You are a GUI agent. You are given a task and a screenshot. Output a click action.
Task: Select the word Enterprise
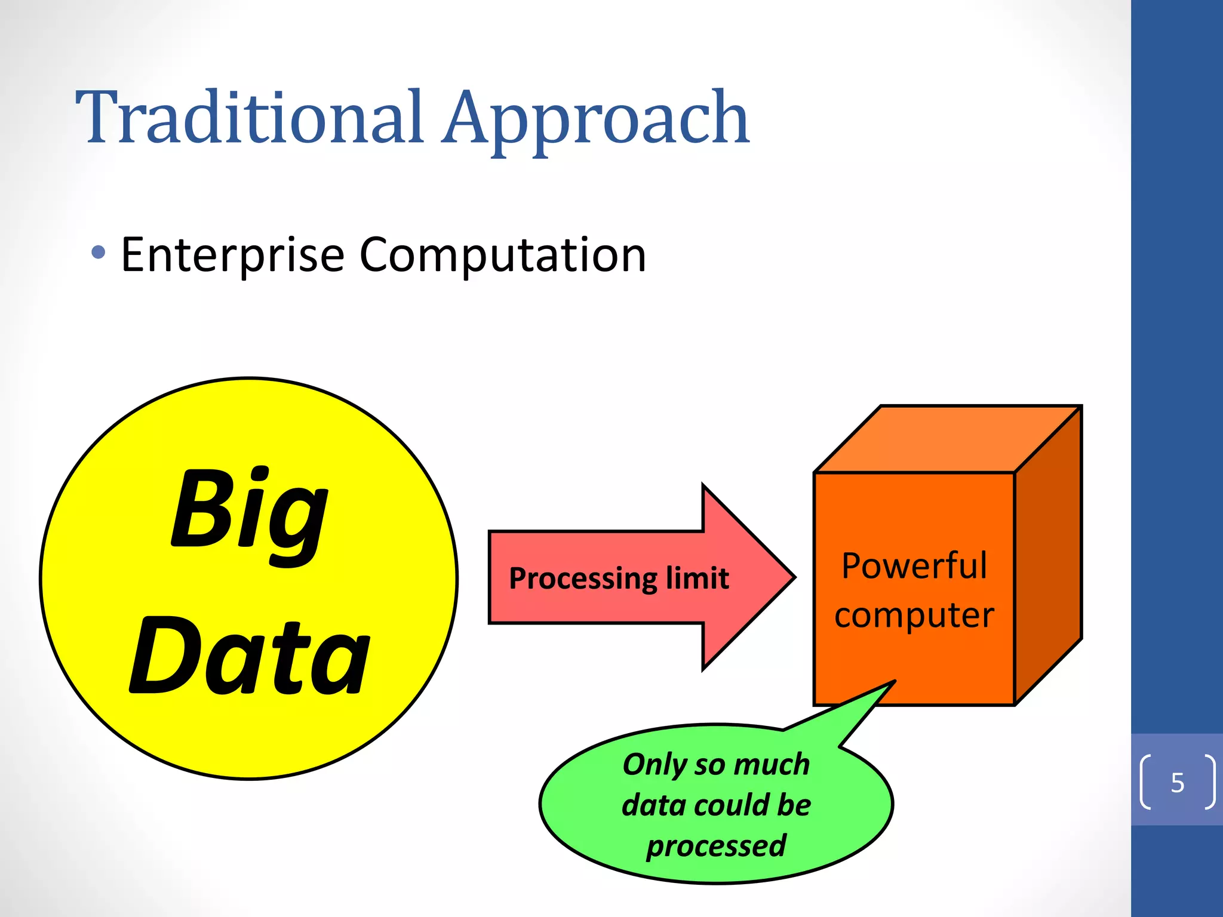pyautogui.click(x=232, y=256)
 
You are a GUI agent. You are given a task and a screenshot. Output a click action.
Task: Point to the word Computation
pyautogui.click(x=502, y=256)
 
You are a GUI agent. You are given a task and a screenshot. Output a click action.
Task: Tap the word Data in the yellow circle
pyautogui.click(x=250, y=657)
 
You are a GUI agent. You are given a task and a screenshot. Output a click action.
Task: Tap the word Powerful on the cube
pyautogui.click(x=914, y=565)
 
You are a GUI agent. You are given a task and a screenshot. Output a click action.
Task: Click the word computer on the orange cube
pyautogui.click(x=914, y=616)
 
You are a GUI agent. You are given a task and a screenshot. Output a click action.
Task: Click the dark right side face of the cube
pyautogui.click(x=1049, y=555)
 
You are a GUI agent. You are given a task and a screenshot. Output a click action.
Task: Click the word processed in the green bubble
pyautogui.click(x=716, y=846)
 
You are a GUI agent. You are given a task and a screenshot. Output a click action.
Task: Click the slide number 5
pyautogui.click(x=1177, y=783)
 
